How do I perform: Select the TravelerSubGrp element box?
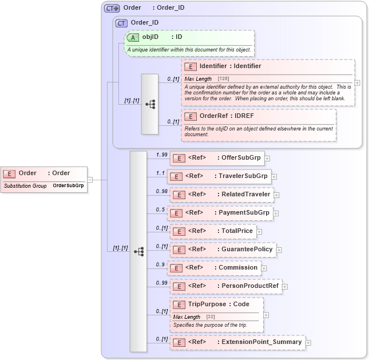pos(218,176)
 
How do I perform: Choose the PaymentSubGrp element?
pos(220,213)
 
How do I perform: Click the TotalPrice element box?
pos(213,231)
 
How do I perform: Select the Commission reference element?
pos(215,268)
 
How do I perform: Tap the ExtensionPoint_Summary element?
pos(237,342)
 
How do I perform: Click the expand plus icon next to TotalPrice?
pos(259,232)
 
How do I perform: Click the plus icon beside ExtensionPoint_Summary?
pos(308,343)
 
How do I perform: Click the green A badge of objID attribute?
pos(133,37)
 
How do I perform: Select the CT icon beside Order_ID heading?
pos(121,23)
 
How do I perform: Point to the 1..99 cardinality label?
pos(162,155)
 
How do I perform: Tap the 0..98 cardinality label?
pos(162,191)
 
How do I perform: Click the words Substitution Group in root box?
pos(25,186)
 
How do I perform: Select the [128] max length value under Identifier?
pos(223,78)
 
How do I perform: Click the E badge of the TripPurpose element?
pos(179,304)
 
